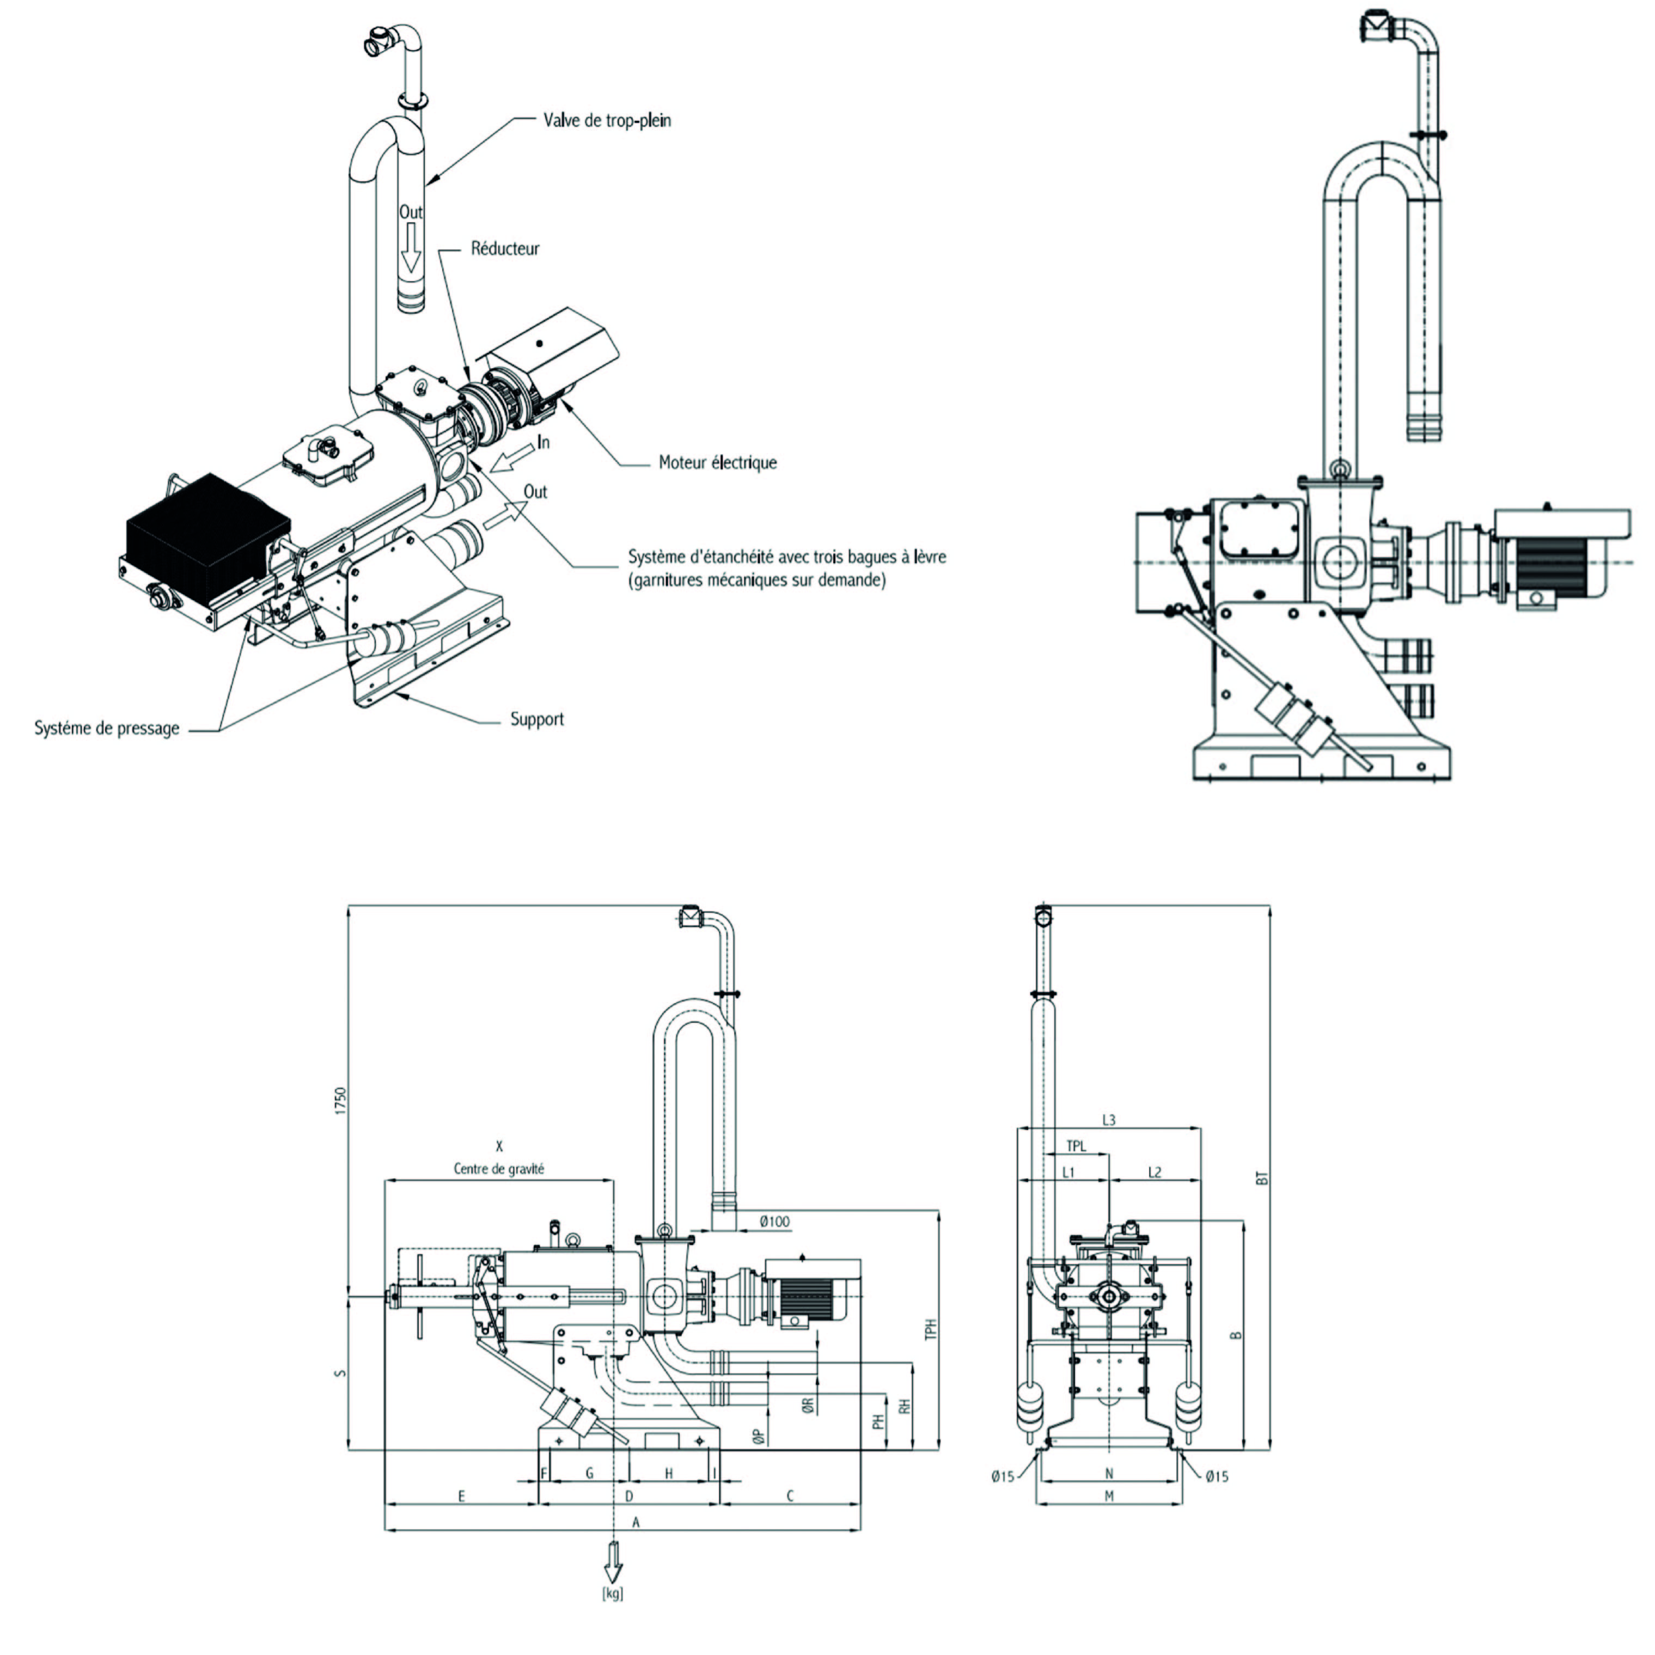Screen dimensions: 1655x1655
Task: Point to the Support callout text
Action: click(537, 719)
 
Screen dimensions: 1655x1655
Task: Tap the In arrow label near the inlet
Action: click(543, 442)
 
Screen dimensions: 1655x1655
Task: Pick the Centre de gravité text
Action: click(498, 1169)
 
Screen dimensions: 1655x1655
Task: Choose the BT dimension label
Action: click(1261, 1178)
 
